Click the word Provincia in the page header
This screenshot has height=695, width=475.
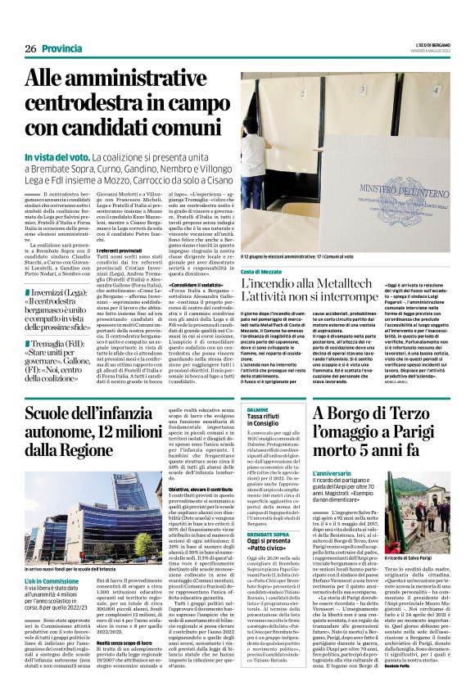point(65,48)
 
